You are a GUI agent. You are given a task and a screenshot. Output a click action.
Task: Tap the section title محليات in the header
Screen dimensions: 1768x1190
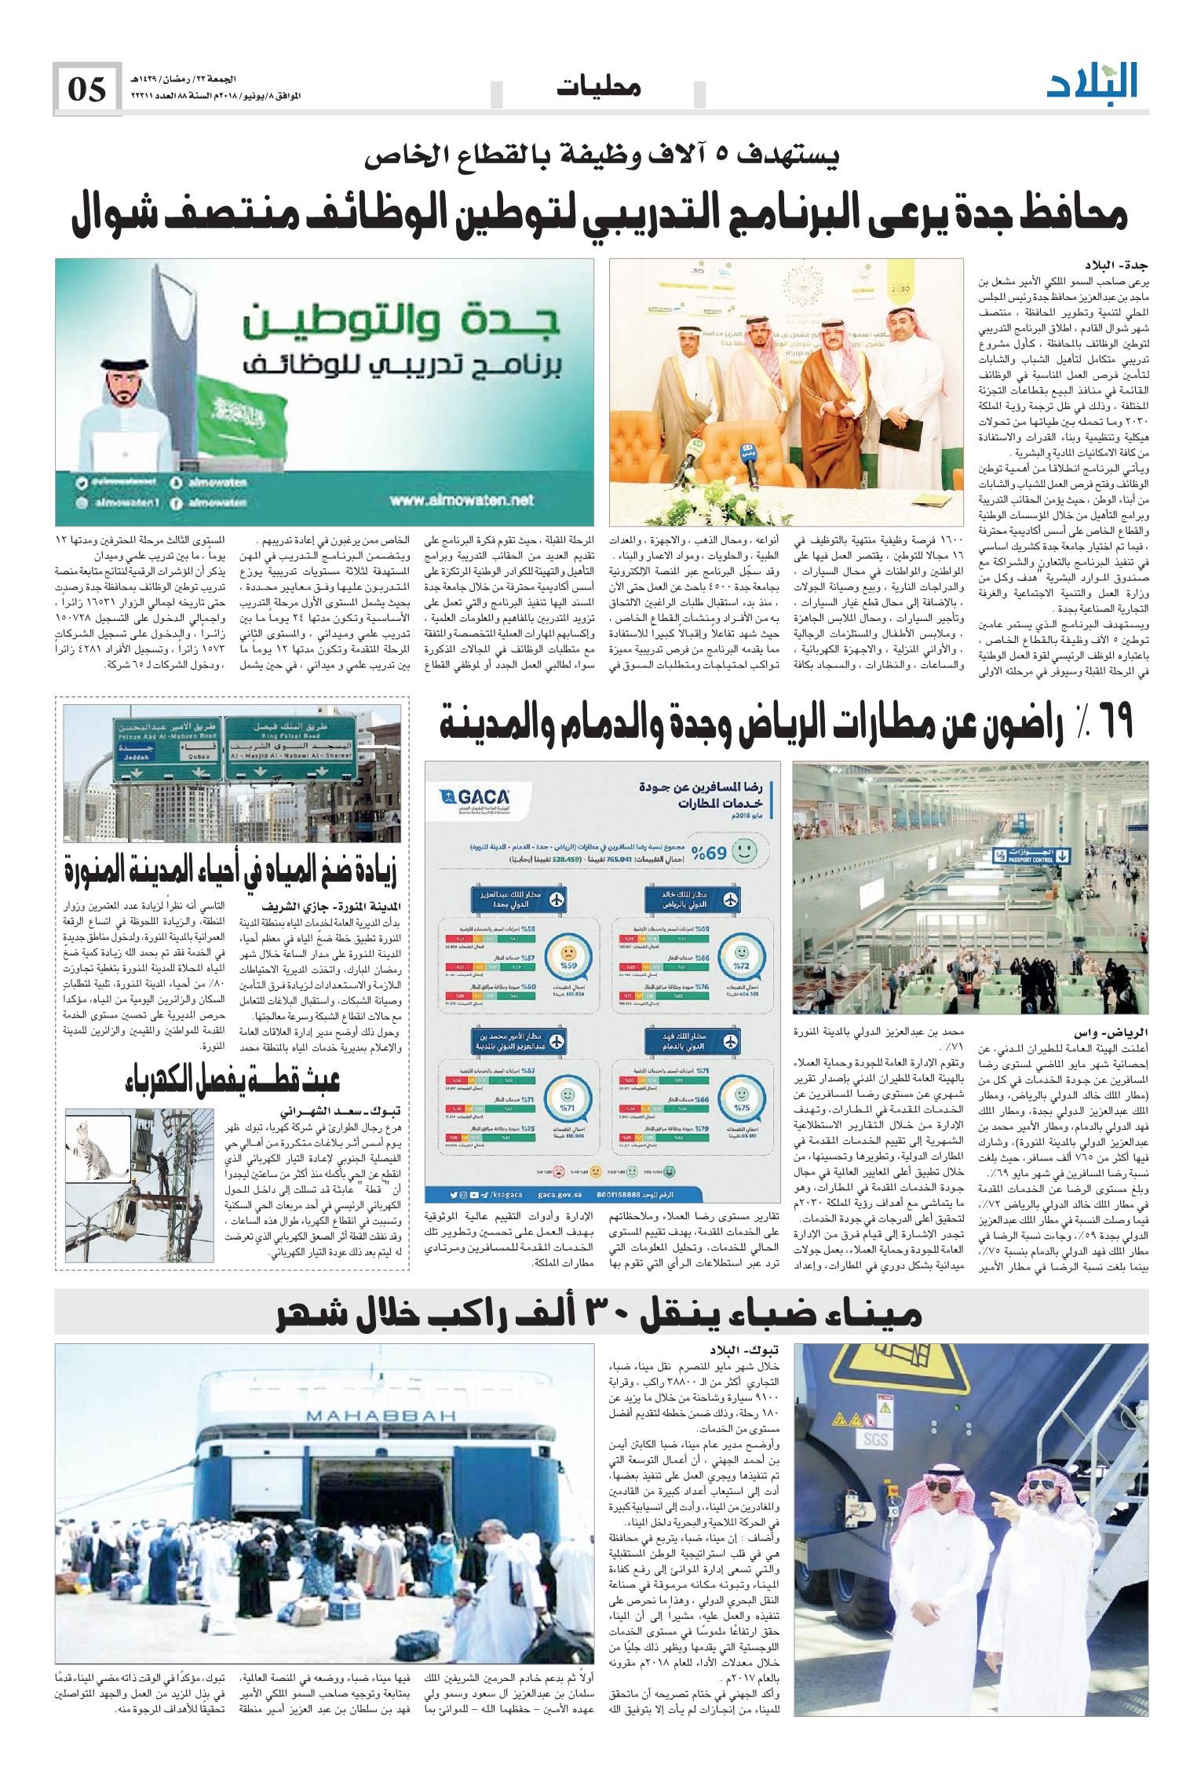pyautogui.click(x=598, y=87)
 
